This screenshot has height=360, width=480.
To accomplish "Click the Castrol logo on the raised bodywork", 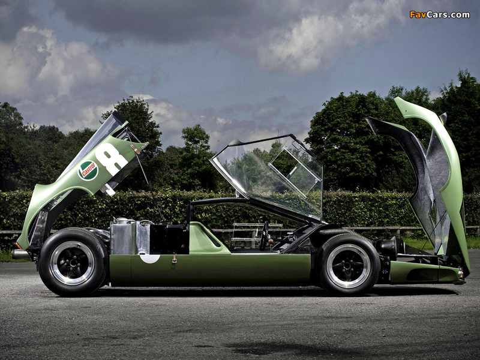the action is click(x=88, y=170).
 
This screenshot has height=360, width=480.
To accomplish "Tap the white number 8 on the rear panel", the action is click(x=111, y=159).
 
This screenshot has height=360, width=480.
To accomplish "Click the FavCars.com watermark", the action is click(x=439, y=14).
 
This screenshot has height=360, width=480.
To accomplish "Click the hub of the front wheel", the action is click(x=349, y=266).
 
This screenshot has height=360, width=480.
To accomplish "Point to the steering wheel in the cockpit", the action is click(x=264, y=236).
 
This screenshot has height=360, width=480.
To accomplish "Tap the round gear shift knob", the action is click(x=271, y=242).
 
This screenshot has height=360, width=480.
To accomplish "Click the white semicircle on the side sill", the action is click(x=149, y=259).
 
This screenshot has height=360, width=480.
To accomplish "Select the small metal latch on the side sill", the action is click(x=175, y=259).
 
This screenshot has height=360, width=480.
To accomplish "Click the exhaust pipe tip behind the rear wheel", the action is click(x=19, y=254).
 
